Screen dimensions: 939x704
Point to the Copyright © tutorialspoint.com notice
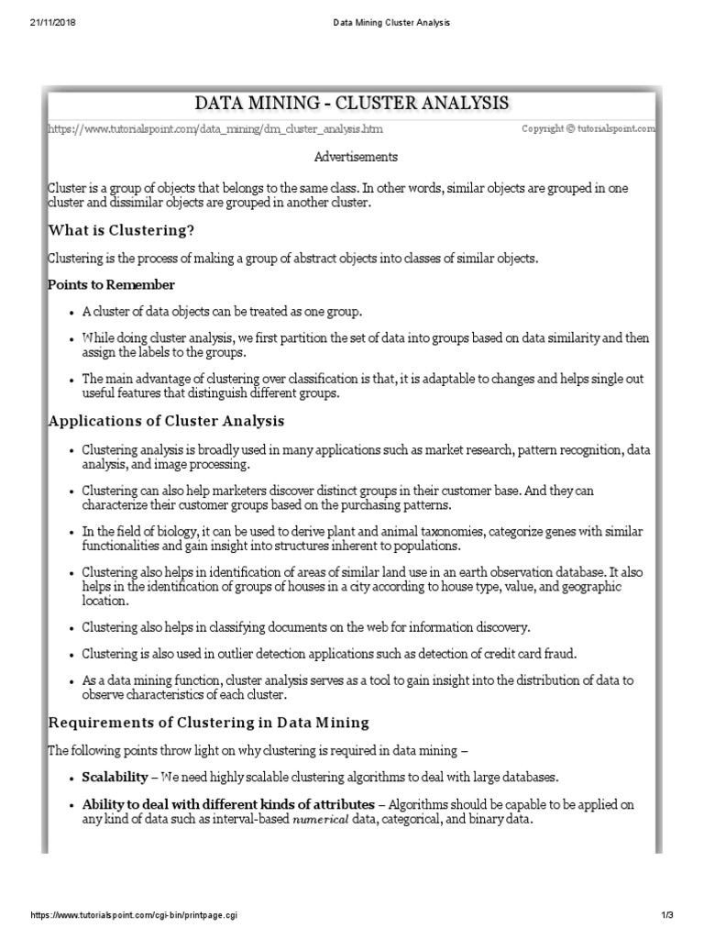[588, 129]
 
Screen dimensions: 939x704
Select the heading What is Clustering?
[121, 229]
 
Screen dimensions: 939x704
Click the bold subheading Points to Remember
[111, 285]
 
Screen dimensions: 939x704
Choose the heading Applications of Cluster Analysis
[166, 421]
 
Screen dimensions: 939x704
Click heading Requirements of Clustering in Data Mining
[208, 723]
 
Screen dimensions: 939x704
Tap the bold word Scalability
[115, 777]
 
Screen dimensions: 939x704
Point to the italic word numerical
[321, 819]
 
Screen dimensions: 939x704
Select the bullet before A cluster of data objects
[71, 312]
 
